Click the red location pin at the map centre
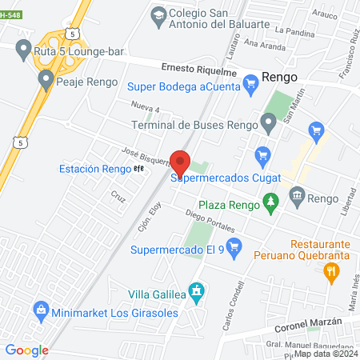pos(180,163)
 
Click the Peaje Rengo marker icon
pos(46,79)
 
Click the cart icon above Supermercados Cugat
pos(262,154)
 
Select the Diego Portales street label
pos(210,220)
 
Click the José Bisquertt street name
pos(146,156)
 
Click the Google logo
pos(26,349)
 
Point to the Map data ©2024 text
pos(325,353)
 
